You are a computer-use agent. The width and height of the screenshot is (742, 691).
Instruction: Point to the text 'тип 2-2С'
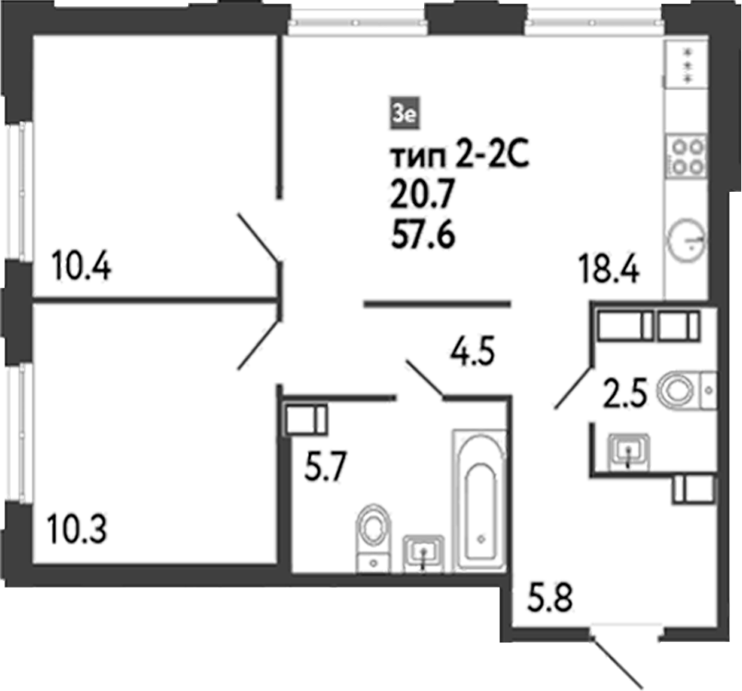tap(458, 157)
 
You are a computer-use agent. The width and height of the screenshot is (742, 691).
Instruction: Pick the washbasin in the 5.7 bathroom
tap(423, 552)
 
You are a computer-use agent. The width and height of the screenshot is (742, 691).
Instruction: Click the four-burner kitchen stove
tap(686, 156)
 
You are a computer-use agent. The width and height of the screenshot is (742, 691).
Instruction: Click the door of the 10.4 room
tap(257, 236)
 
